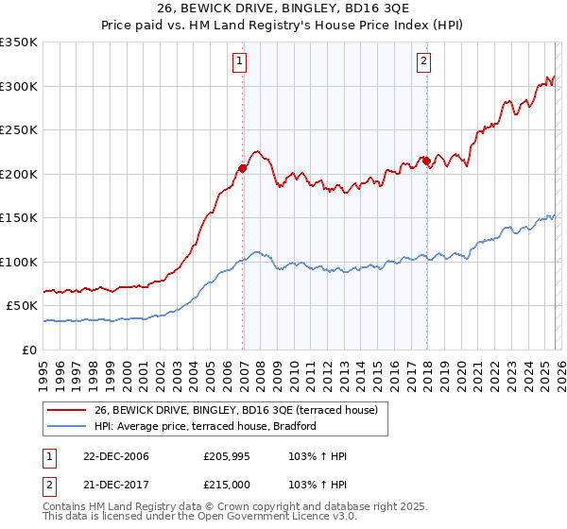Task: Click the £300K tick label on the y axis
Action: coord(19,86)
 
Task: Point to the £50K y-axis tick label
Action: coord(22,306)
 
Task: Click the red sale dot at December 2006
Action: coord(243,168)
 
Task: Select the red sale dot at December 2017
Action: coord(426,161)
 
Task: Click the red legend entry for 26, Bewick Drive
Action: coord(236,410)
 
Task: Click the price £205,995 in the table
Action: coord(230,456)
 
